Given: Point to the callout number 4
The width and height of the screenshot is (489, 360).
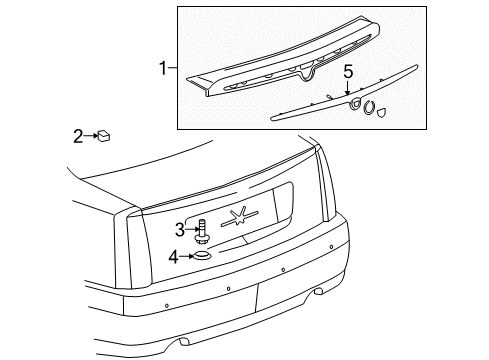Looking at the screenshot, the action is pyautogui.click(x=174, y=256).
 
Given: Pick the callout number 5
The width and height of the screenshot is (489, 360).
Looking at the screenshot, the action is pyautogui.click(x=348, y=72).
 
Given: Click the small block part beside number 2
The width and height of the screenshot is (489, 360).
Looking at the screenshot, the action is pyautogui.click(x=103, y=134).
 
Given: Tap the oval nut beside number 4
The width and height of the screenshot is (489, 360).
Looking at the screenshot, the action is pyautogui.click(x=203, y=257).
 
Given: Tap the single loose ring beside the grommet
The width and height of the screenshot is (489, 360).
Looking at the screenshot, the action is pyautogui.click(x=371, y=108).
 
